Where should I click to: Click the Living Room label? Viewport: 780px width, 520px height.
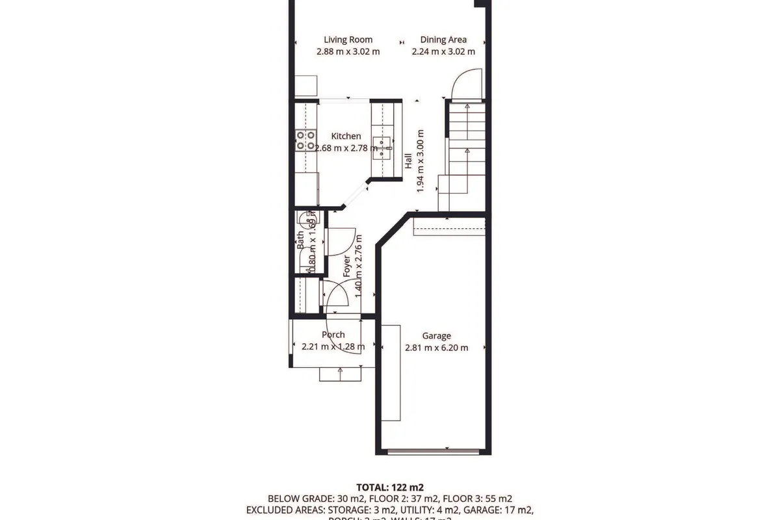pos(348,40)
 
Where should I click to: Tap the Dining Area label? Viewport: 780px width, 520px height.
pos(443,40)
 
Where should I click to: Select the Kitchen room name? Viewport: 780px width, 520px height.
pos(346,136)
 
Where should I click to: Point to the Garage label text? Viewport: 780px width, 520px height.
pos(436,336)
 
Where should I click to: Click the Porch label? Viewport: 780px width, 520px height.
pos(333,335)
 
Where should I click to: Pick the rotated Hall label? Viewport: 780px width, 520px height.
pos(408,161)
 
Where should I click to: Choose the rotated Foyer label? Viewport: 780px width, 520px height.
pos(346,266)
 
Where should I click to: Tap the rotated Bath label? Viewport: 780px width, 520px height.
pos(300,242)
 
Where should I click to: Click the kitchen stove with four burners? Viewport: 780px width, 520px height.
pos(306,140)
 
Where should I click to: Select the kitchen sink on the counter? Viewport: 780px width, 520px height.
pos(382,148)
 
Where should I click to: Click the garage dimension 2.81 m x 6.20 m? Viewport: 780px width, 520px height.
pos(436,347)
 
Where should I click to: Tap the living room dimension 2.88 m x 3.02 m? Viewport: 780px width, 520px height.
pos(348,51)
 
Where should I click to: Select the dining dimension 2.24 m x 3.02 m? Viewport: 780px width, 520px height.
pos(443,51)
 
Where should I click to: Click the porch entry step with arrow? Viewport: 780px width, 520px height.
pos(340,373)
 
